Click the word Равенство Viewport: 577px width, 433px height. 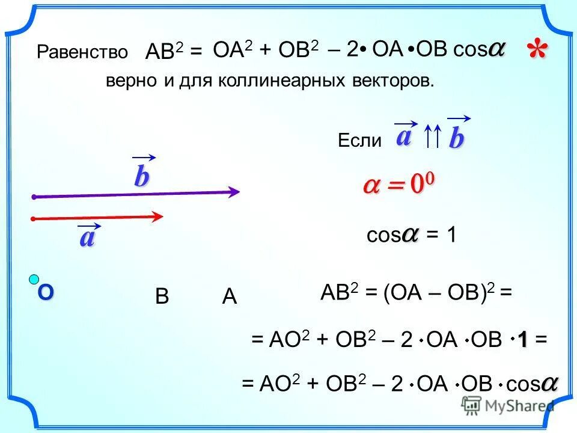82,52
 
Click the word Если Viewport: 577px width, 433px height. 359,141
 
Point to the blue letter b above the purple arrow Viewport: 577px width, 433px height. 141,177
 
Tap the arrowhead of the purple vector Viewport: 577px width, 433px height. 234,192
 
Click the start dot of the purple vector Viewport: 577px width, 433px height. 35,197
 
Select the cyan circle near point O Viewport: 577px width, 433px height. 34,279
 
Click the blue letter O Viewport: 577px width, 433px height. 46,293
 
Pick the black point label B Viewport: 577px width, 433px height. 162,298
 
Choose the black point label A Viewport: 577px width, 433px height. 229,298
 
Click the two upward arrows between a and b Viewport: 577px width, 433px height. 433,137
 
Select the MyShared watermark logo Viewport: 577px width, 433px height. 508,406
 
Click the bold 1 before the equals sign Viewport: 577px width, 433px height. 524,339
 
